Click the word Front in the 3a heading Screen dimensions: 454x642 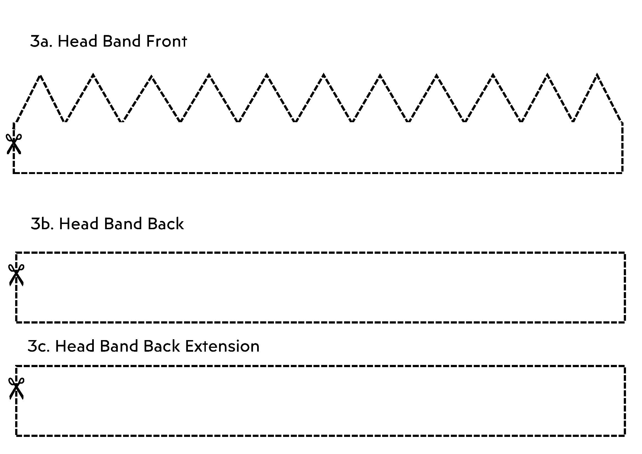(166, 41)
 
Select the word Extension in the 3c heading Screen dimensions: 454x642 (222, 346)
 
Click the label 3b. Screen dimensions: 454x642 (42, 224)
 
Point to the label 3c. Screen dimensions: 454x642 (39, 346)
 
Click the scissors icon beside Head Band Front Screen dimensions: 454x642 (14, 144)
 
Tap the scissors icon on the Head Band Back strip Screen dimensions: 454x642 (16, 274)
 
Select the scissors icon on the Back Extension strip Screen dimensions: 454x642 (16, 388)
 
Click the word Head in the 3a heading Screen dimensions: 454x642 (78, 41)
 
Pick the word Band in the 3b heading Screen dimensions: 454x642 (121, 224)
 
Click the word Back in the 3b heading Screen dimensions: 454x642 (166, 224)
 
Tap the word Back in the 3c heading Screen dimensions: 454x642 (161, 346)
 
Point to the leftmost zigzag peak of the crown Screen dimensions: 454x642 (41, 76)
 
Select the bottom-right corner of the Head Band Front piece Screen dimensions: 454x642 (622, 173)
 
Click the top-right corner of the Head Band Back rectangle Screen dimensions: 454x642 (625, 253)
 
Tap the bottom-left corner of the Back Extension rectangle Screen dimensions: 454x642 (17, 435)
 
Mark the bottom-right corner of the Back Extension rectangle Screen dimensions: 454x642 (625, 435)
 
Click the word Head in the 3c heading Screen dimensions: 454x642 (75, 346)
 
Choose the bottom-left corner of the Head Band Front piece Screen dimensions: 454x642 (14, 173)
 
